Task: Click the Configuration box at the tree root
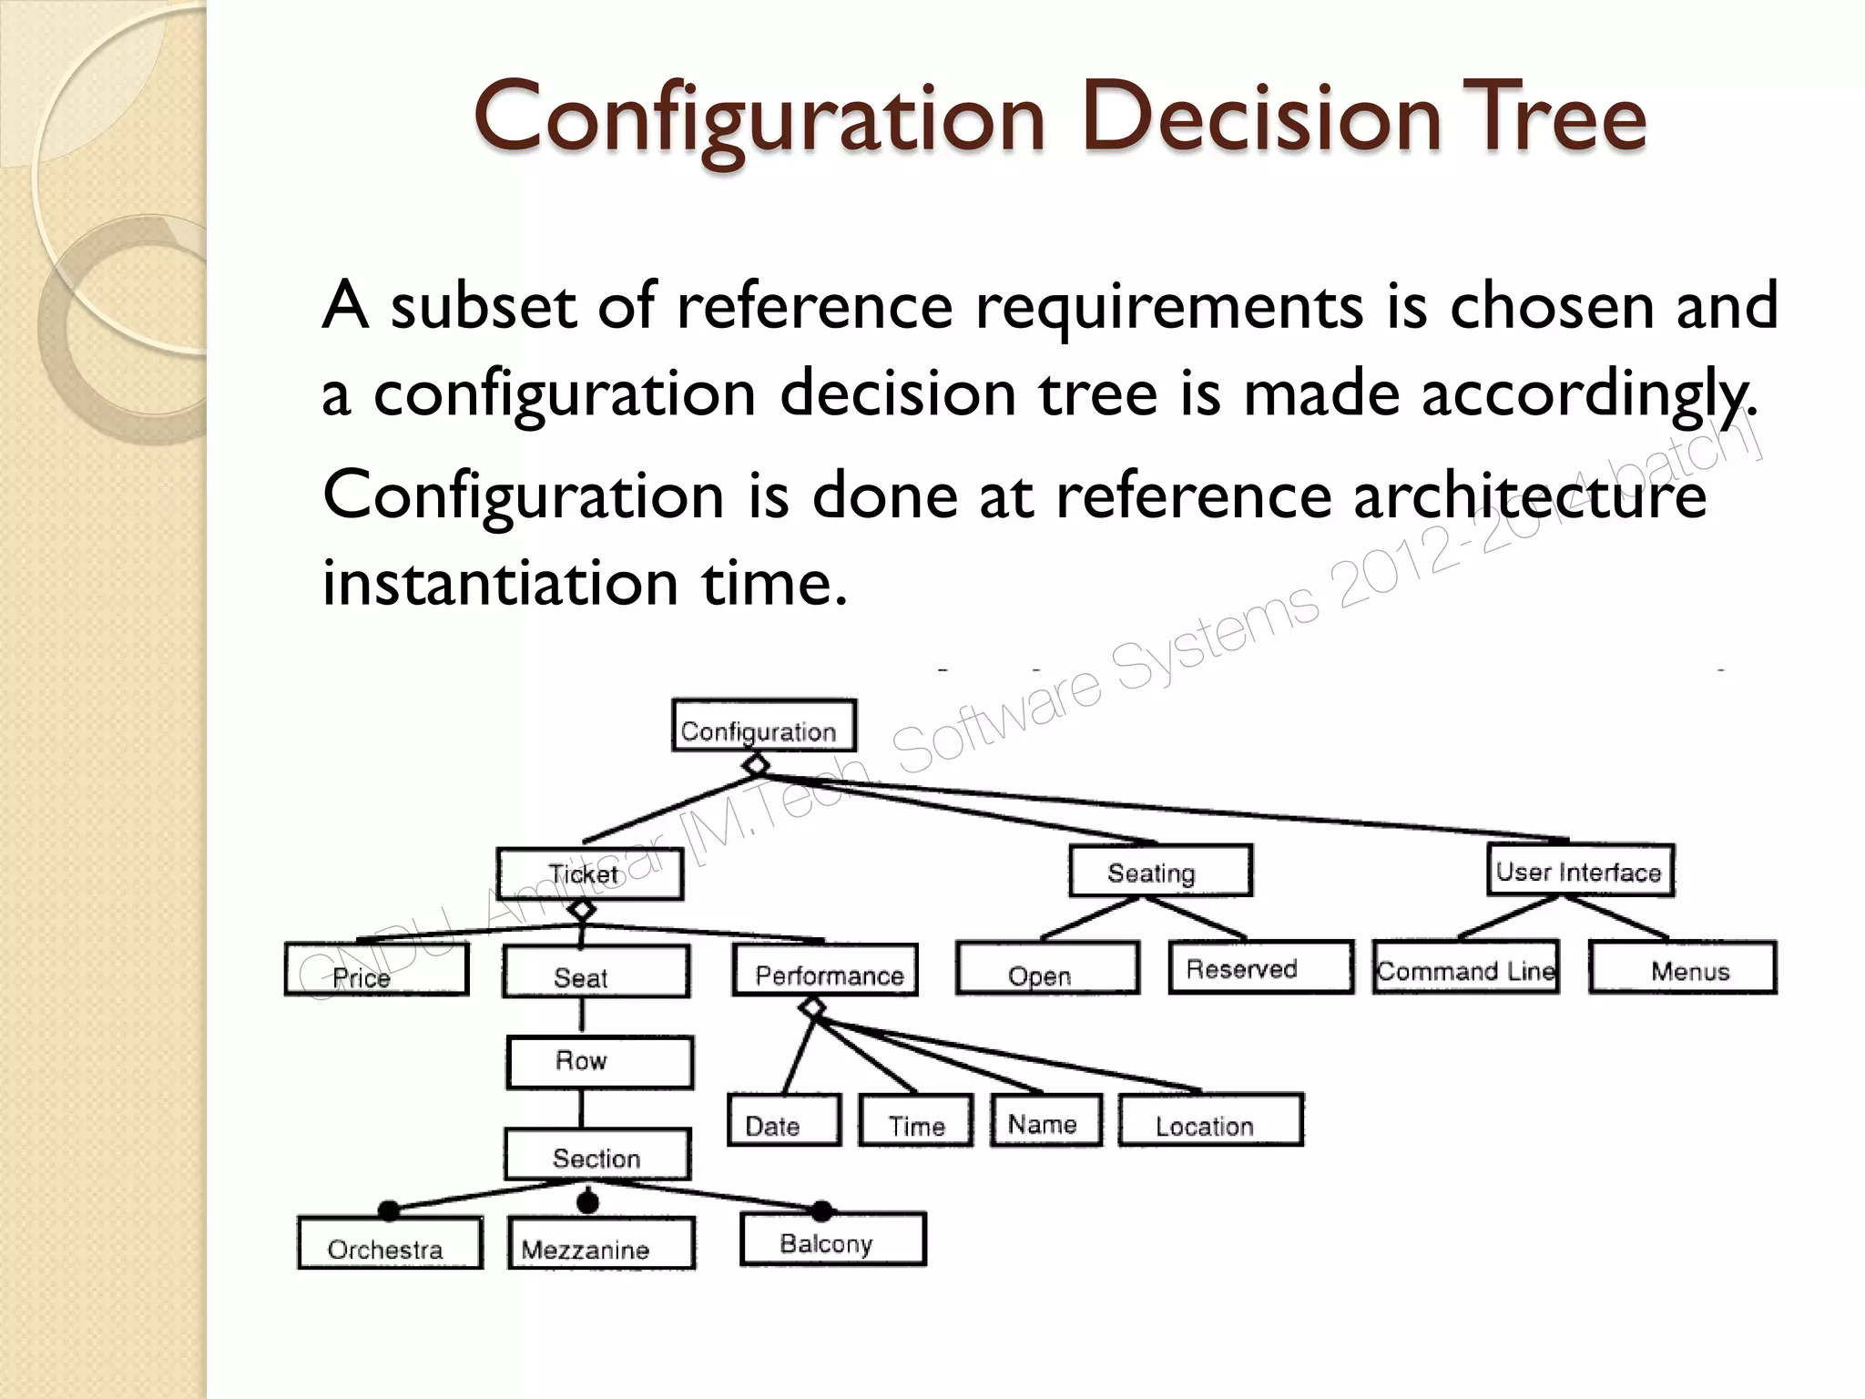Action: [x=763, y=726]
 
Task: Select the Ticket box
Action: [x=589, y=874]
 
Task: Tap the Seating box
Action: [x=1160, y=872]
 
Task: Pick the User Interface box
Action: [x=1580, y=871]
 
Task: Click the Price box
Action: [x=376, y=970]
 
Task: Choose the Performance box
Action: [x=824, y=971]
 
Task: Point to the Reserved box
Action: [x=1260, y=967]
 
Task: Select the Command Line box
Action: [x=1465, y=968]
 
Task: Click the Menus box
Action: [x=1682, y=968]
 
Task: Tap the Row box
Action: [x=599, y=1062]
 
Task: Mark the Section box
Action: [x=597, y=1156]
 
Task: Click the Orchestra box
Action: [x=390, y=1244]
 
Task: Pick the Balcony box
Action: [x=832, y=1240]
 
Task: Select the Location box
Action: [x=1210, y=1121]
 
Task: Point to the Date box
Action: [x=783, y=1121]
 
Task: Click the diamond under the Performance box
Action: [x=812, y=1008]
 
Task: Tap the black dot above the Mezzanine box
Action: [x=588, y=1202]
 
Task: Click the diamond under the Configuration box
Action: [x=756, y=765]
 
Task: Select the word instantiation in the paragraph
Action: [x=500, y=582]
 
